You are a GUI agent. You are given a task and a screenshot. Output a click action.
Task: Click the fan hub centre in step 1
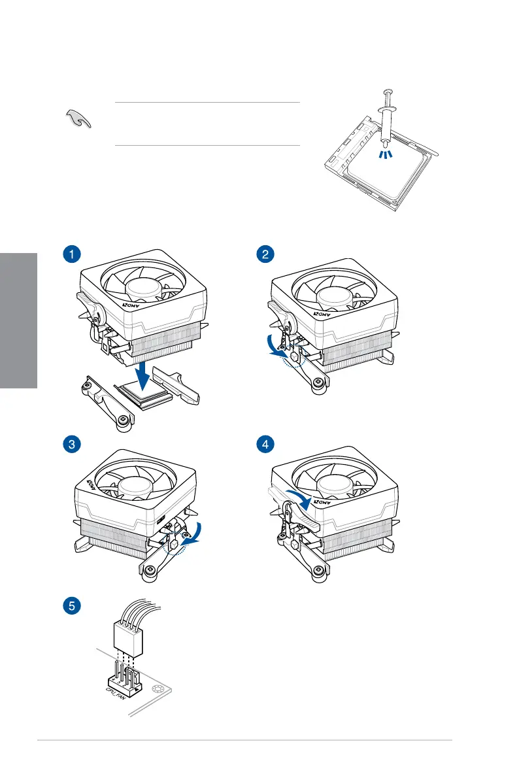[144, 288]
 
